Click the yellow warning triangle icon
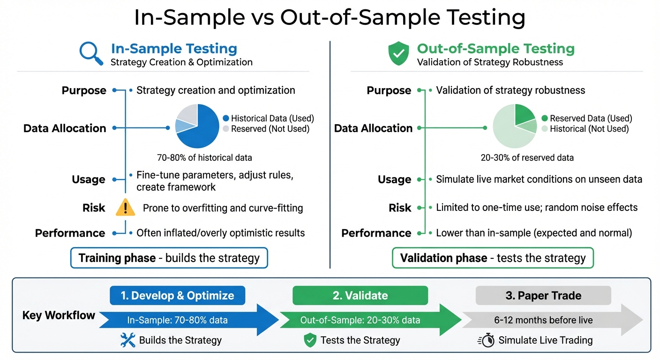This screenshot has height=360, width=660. [125, 208]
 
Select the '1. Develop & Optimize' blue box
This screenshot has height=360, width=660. [177, 296]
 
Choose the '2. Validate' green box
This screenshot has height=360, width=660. [360, 296]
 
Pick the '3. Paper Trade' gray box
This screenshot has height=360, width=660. [543, 296]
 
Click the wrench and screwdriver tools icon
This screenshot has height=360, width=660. [127, 340]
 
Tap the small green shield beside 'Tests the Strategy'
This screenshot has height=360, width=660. [310, 340]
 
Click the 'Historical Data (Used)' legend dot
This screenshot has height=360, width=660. [226, 119]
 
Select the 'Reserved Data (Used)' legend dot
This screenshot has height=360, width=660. [544, 119]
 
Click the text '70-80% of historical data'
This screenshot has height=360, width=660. [204, 157]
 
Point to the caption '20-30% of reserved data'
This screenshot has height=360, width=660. [527, 157]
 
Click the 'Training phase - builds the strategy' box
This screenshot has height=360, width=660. [169, 258]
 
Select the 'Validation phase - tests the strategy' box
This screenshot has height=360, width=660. [493, 258]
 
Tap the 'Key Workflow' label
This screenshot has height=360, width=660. [59, 315]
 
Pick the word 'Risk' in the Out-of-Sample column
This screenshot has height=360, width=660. [400, 208]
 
